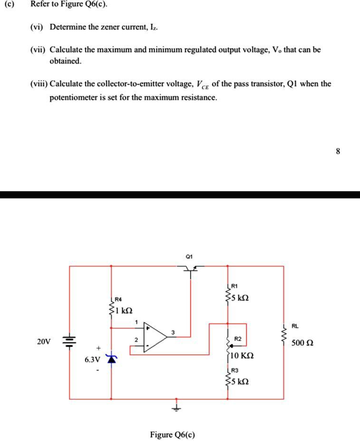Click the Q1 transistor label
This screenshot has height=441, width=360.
[189, 256]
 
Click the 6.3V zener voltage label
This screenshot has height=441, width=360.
[92, 360]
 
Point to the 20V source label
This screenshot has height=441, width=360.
[43, 342]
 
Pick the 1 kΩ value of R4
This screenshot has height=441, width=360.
[124, 310]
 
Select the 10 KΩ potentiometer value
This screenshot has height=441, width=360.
[242, 356]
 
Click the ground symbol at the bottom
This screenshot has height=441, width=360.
[176, 409]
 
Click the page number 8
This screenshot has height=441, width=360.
[338, 151]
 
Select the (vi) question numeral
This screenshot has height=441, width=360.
[37, 27]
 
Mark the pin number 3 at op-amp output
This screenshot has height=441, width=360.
[173, 332]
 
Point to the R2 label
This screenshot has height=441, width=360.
[238, 338]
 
